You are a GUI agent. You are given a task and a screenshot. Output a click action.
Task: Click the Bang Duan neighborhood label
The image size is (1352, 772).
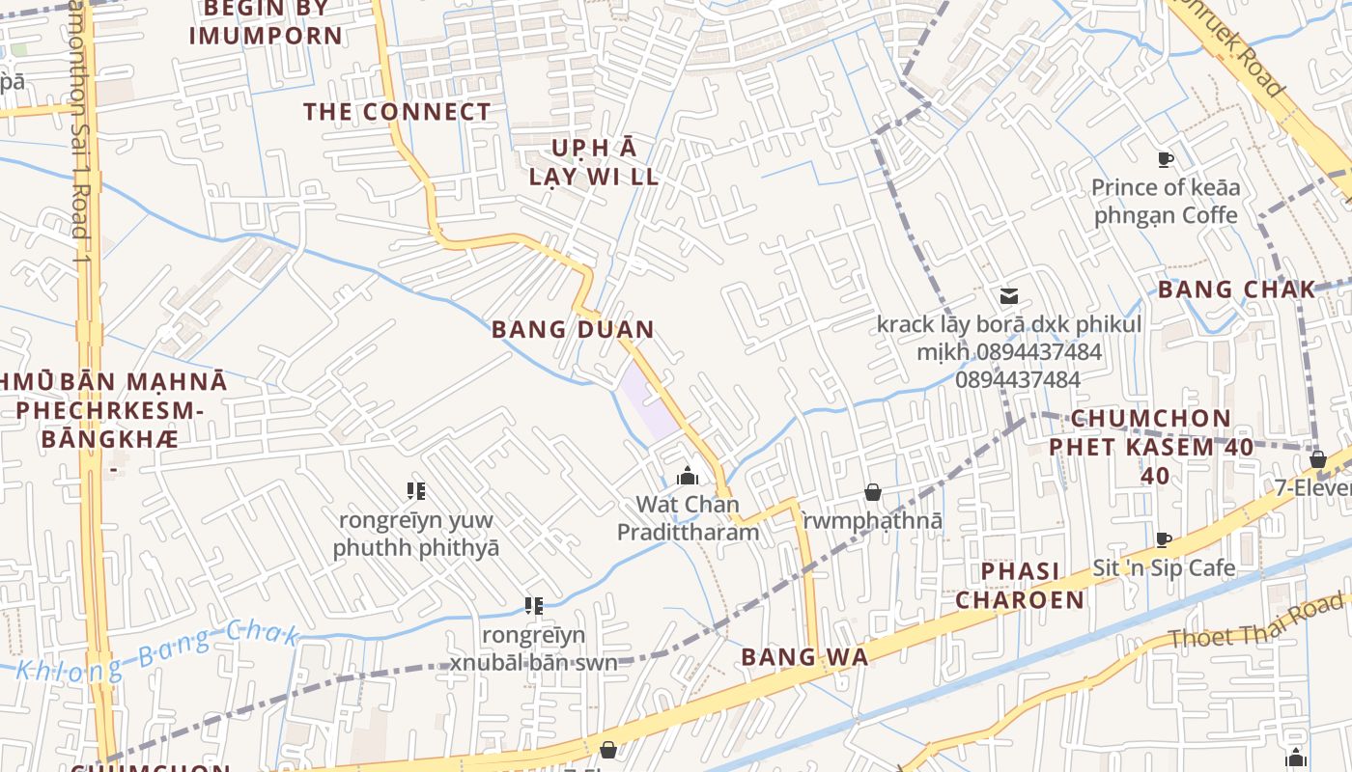click(x=573, y=329)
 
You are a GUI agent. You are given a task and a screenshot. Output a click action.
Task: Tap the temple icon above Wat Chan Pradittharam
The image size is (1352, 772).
click(x=688, y=476)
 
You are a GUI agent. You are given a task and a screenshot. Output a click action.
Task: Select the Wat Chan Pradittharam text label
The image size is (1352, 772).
click(x=688, y=518)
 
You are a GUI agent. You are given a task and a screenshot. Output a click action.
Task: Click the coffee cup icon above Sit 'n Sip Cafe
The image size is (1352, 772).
click(x=1164, y=539)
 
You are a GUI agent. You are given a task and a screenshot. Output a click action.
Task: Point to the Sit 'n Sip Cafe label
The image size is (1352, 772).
click(x=1164, y=567)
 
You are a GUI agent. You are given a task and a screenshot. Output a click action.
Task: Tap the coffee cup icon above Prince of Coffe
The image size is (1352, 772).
click(x=1165, y=159)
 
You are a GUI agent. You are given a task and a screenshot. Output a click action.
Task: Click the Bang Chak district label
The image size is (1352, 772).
click(x=1236, y=289)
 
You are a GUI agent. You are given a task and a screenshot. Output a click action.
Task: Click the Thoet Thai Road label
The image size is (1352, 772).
click(x=1255, y=622)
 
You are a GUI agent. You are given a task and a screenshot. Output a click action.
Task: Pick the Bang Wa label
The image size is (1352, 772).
click(x=804, y=657)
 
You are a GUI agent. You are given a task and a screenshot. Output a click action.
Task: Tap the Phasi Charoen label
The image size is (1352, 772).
click(x=1020, y=586)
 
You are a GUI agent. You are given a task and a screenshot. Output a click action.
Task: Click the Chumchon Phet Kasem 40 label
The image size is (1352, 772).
click(x=1151, y=447)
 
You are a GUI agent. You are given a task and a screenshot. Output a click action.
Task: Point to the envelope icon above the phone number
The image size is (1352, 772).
click(x=1009, y=296)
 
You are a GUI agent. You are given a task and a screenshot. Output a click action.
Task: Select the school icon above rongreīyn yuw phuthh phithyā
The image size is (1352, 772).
click(x=416, y=491)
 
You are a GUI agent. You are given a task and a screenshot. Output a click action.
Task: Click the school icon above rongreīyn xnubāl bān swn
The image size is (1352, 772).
click(x=533, y=606)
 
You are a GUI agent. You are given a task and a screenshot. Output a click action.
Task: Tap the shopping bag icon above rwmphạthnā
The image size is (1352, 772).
click(x=872, y=493)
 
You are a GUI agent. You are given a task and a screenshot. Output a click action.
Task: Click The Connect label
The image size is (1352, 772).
click(x=398, y=112)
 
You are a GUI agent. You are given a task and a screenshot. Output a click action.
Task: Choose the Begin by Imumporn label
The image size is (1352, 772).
click(x=266, y=24)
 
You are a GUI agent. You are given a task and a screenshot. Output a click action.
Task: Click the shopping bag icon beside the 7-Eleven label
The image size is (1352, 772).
click(x=1317, y=459)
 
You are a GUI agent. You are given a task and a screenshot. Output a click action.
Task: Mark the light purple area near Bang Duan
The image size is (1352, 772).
click(x=649, y=400)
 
